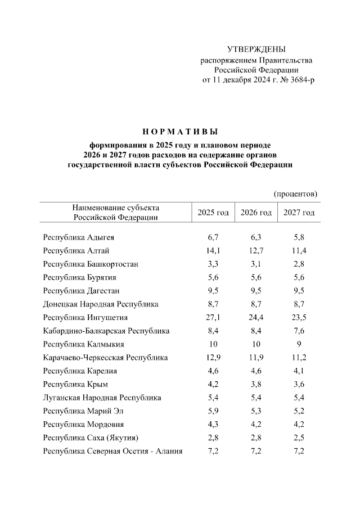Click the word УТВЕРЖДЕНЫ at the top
pos(256,50)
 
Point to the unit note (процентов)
pos(295,194)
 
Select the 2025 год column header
pos(213,213)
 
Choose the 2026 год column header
pos(256,213)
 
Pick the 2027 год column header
pos(299,213)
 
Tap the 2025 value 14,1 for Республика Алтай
pos(213,251)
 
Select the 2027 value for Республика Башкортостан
pos(299,264)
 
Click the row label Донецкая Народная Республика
pos(101,304)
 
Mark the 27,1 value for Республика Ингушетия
pos(213,318)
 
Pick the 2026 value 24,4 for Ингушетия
pos(256,318)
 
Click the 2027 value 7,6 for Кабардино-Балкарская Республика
pos(299,331)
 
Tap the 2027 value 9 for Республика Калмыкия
pos(299,344)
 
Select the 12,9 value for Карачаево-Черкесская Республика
pos(213,358)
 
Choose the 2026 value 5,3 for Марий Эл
pos(256,411)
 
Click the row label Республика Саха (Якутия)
pos(90,438)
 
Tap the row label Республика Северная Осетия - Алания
pos(112,451)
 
